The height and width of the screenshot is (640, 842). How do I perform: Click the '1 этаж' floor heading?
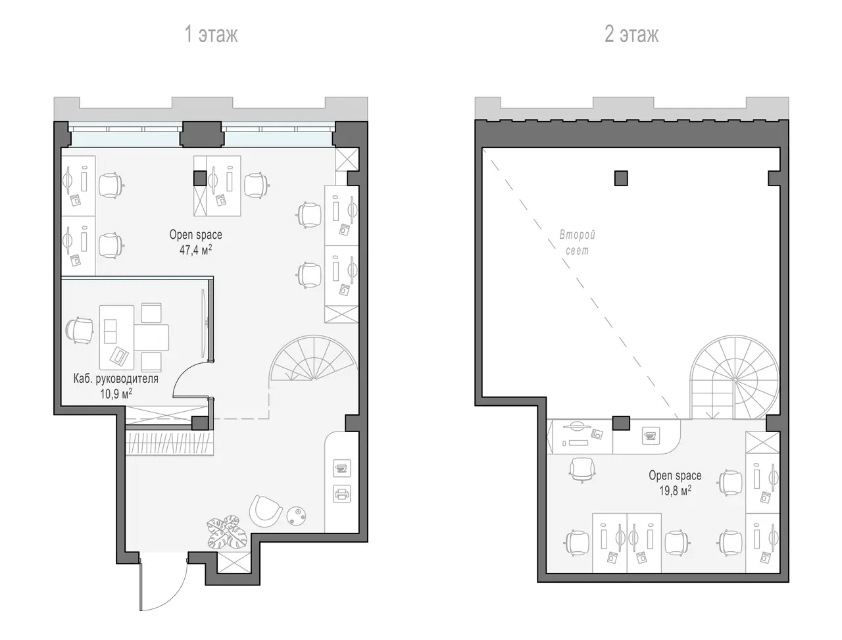(211, 34)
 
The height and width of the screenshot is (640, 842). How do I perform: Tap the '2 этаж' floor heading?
(631, 34)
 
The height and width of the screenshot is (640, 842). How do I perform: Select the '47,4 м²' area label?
(195, 250)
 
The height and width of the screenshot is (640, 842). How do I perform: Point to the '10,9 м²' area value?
(116, 393)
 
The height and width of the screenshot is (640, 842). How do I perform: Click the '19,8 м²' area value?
(675, 491)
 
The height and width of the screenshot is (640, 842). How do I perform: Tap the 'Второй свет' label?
(577, 242)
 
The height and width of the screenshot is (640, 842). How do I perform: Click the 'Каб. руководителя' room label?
(116, 379)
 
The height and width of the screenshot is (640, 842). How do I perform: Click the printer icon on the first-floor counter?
(341, 493)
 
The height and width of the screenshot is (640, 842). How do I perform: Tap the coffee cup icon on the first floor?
(341, 468)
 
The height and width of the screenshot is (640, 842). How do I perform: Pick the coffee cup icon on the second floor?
(651, 435)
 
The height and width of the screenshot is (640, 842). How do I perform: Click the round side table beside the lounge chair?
(297, 515)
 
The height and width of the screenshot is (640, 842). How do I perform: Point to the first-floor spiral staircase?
(314, 358)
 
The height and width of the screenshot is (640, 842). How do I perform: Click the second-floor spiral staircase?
(735, 378)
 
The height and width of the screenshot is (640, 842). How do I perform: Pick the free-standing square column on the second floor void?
(621, 178)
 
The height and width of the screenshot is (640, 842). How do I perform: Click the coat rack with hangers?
(169, 443)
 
